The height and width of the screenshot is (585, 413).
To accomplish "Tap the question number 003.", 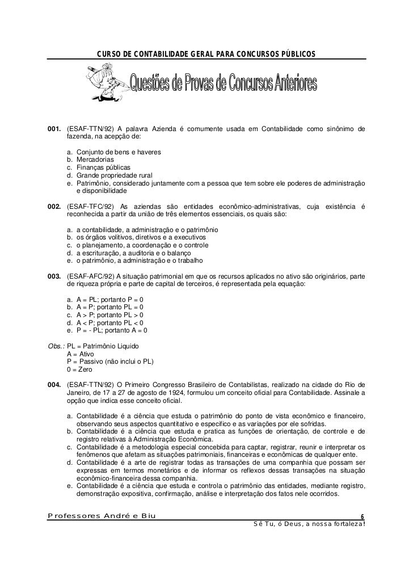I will pyautogui.click(x=55, y=276).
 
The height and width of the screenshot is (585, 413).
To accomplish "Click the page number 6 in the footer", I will pyautogui.click(x=363, y=516).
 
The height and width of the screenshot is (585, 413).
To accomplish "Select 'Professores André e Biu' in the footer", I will pyautogui.click(x=102, y=515).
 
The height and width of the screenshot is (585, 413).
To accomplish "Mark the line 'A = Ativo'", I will pyautogui.click(x=82, y=353).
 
